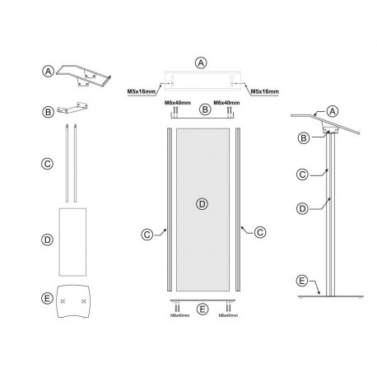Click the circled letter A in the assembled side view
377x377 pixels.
(333, 111)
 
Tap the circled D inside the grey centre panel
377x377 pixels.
(202, 202)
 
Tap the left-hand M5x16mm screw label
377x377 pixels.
(142, 91)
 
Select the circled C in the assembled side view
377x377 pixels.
(303, 174)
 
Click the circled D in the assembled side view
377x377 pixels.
(303, 208)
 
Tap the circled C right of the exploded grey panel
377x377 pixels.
(259, 232)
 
